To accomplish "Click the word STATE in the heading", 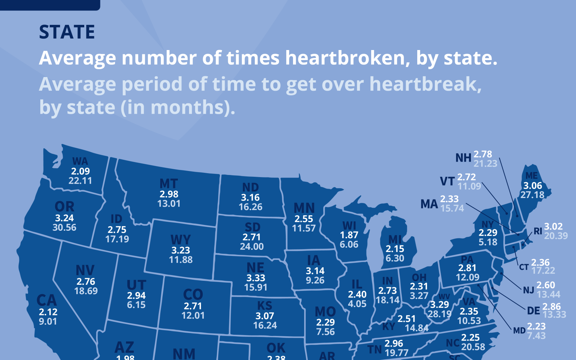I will [67, 32].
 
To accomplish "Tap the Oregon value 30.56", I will [64, 228].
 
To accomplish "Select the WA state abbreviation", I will [80, 161].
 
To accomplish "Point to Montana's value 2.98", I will [169, 194].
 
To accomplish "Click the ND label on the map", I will [251, 188].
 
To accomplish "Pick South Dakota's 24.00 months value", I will [252, 247].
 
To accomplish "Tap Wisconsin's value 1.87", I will [349, 235].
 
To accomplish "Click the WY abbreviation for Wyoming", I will [181, 240].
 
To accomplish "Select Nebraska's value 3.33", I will [256, 278].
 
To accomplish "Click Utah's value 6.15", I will [136, 305].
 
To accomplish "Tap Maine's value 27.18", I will [532, 195].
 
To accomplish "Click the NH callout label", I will [463, 158].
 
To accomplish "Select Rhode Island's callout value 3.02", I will [553, 226].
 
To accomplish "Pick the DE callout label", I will [533, 311].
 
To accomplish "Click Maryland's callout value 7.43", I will [536, 336].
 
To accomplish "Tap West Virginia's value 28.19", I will [439, 314].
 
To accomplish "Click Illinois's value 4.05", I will [357, 304].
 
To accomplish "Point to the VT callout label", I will [447, 181].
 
